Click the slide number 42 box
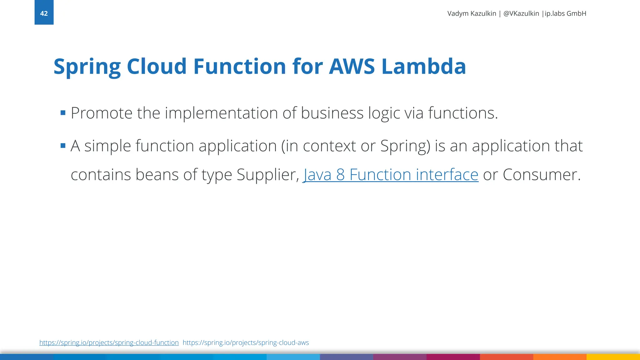[x=44, y=12]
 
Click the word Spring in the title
[x=87, y=67]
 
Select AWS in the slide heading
[x=352, y=67]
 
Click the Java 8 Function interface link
[x=391, y=174]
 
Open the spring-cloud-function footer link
[x=109, y=342]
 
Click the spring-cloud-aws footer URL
[x=246, y=342]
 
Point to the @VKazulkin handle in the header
[x=521, y=13]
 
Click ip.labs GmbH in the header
[x=565, y=13]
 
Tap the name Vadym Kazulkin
[x=472, y=13]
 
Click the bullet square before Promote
[x=63, y=113]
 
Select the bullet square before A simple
[x=63, y=146]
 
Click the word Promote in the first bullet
[x=102, y=113]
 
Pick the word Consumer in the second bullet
[x=541, y=174]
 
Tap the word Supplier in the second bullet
[x=268, y=174]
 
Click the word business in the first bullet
[x=332, y=113]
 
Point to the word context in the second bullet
[x=329, y=146]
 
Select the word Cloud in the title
[x=157, y=67]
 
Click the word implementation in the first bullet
[x=221, y=113]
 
